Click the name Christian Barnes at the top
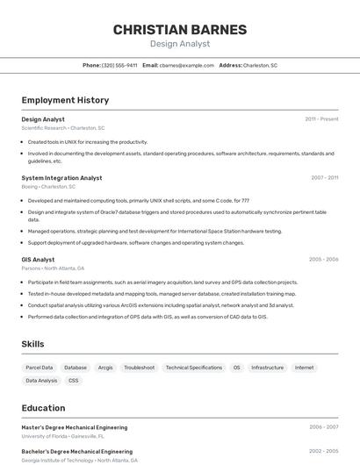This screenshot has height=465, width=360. pos(180,29)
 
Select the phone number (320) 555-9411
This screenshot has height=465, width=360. pos(119,65)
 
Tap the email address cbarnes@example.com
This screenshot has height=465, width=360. pos(187,65)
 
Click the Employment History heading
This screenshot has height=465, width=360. pos(65,100)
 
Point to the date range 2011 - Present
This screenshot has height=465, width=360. pos(321,118)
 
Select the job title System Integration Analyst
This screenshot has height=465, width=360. pos(61,177)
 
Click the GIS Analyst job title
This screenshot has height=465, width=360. pos(38,260)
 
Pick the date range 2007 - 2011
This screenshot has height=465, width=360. pos(324,177)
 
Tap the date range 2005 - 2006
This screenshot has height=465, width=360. pos(323,260)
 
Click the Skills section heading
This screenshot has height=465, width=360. pos(32,344)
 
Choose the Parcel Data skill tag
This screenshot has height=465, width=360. pos(40,368)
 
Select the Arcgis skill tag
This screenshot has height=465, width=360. pos(105,368)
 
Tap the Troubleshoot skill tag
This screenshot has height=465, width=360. pos(139,368)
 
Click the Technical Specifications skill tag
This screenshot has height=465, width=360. pos(194,368)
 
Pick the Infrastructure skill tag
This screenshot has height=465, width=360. pos(268,368)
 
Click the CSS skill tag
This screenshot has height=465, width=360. pos(74,381)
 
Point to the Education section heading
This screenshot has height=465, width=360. pos(43,408)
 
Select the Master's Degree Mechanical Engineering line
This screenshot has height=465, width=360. pos(75,427)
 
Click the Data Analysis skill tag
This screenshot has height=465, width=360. pos(41,381)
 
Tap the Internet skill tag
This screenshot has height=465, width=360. pos(305,368)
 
